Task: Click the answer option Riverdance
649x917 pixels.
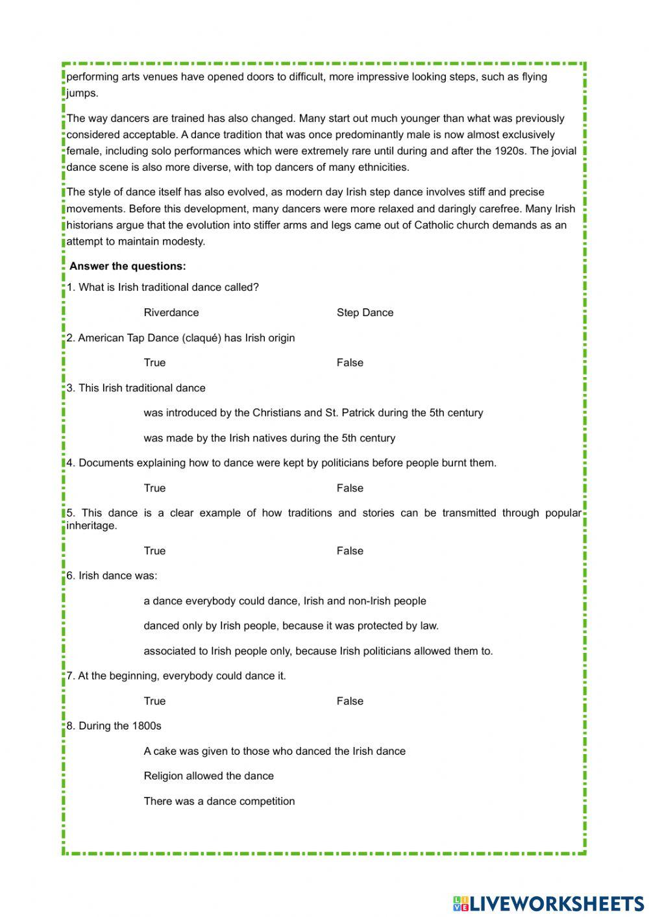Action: pos(171,312)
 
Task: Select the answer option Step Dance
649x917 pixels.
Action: pos(365,312)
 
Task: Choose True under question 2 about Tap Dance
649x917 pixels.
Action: pos(154,362)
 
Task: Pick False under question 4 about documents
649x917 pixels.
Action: pos(350,488)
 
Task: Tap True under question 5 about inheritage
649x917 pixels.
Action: pos(154,550)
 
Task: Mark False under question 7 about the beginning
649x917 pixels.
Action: pos(350,701)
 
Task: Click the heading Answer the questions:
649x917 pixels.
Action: pos(127,266)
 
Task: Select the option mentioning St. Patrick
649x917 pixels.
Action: pos(313,413)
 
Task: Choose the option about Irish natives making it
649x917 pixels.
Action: pos(269,438)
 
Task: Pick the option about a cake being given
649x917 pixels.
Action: pos(275,751)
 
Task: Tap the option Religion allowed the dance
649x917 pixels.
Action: pos(208,776)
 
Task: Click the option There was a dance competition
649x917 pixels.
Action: pos(219,801)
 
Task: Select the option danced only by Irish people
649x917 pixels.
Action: pos(291,626)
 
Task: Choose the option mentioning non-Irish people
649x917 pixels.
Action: pos(285,601)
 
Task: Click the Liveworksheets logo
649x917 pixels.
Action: pos(548,903)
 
